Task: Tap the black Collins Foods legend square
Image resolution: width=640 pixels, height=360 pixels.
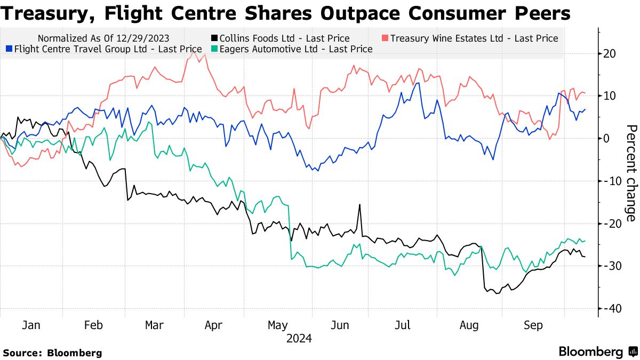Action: [214, 38]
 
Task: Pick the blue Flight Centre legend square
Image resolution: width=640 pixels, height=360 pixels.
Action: [8, 49]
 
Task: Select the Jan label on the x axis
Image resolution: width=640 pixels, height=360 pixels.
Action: [31, 325]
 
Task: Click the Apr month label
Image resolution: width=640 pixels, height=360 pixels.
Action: [213, 325]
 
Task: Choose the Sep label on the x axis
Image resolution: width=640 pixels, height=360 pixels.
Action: [533, 325]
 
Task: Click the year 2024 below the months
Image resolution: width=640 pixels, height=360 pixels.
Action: [299, 338]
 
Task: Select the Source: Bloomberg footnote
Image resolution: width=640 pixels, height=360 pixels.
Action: [52, 353]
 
